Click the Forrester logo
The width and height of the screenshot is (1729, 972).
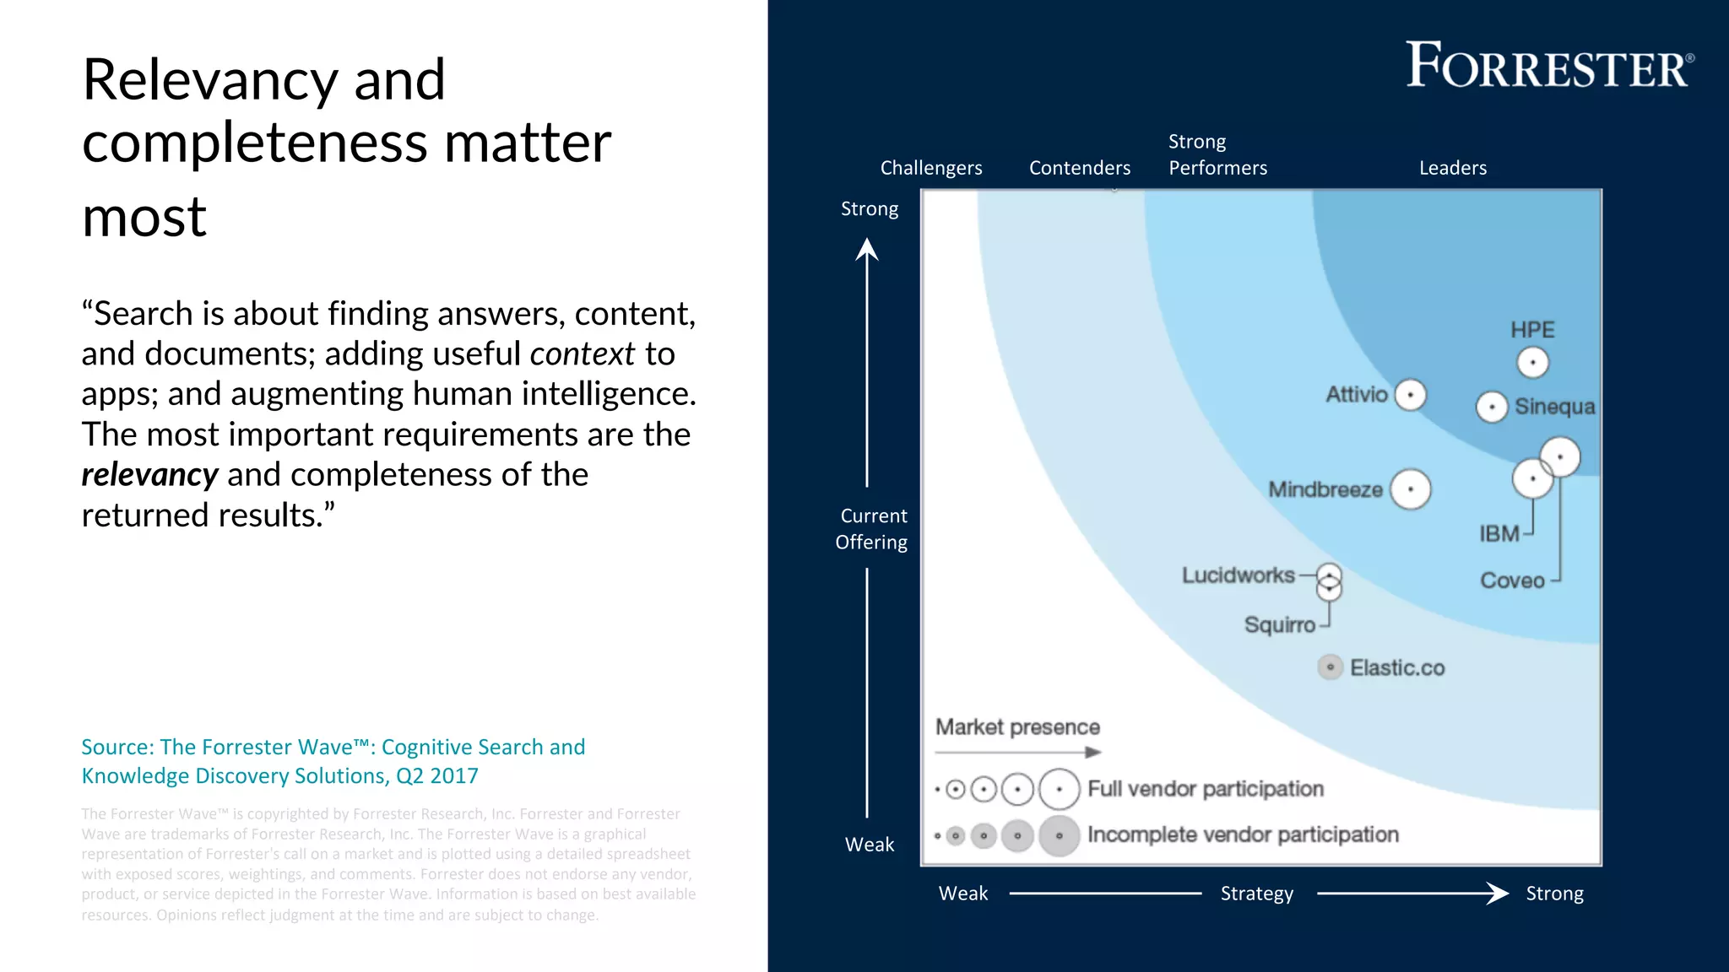coord(1549,65)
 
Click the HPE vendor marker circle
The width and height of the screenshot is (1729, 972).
coord(1532,363)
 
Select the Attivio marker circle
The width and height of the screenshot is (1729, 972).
coord(1410,394)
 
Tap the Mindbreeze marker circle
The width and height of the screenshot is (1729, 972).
coord(1410,489)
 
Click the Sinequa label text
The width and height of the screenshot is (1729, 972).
coord(1554,407)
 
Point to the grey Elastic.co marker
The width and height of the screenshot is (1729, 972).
coord(1330,667)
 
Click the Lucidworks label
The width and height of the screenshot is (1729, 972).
coord(1238,575)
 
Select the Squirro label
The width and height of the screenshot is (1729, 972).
coord(1279,625)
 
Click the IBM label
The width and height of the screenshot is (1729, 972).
coord(1499,534)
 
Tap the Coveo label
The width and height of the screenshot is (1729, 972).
coord(1512,580)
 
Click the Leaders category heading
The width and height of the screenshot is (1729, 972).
coord(1452,168)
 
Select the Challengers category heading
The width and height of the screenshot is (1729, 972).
coord(930,168)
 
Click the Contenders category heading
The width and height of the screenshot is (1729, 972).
coord(1079,168)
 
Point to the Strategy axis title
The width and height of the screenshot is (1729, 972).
coord(1256,894)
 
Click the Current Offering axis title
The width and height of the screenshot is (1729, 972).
coord(872,529)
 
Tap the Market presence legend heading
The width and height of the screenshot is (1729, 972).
coord(1017,727)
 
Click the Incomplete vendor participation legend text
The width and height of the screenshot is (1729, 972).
coord(1242,834)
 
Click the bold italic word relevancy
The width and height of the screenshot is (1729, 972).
coord(149,475)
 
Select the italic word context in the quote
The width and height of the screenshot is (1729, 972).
coord(582,354)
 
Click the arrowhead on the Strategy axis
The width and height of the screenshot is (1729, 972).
coord(1498,893)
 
